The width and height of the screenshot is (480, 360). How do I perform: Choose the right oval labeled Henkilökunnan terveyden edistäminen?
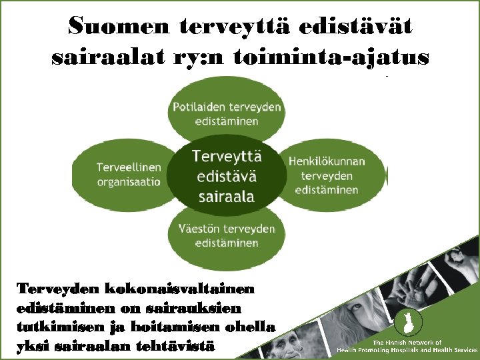333,175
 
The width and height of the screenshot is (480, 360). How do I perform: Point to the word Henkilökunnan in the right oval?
327,161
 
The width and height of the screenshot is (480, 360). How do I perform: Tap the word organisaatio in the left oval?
129,182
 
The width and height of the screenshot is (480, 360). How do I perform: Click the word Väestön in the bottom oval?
197,229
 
